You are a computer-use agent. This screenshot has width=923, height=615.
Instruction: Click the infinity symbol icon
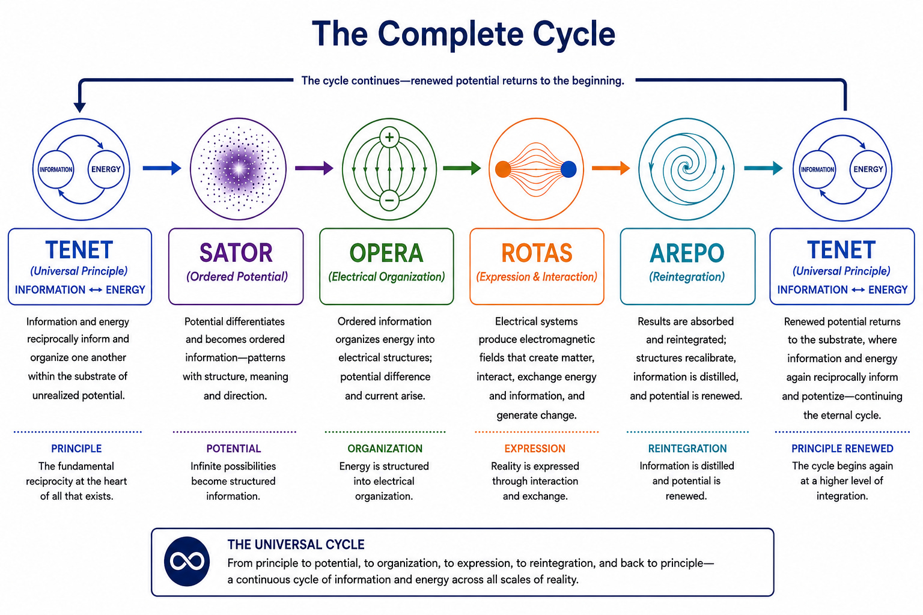coord(187,561)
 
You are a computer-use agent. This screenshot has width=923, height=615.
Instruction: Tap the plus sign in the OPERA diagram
coord(389,137)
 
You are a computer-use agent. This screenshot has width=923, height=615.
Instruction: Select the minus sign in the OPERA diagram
coord(389,201)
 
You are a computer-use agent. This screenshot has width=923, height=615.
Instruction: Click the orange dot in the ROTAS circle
coord(503,169)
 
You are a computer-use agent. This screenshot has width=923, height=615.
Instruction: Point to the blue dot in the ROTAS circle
coord(568,169)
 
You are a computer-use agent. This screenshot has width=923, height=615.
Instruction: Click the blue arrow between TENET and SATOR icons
coord(162,168)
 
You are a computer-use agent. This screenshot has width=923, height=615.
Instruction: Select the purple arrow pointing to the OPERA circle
coord(314,168)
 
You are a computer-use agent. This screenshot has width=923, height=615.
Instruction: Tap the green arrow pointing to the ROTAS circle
coord(462,168)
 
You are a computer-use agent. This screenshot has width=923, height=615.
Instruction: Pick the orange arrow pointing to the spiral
coord(611,168)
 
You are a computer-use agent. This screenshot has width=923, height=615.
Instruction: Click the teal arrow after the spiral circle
coord(763,168)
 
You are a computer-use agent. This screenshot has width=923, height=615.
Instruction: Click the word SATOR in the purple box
coord(236,253)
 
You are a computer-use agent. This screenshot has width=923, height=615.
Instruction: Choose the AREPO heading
coord(687,253)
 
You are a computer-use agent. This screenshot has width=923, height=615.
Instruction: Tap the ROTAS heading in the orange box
coord(537,253)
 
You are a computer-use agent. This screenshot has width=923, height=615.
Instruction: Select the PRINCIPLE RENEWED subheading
coord(842,449)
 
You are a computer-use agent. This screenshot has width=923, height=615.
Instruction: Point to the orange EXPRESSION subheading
coord(535,449)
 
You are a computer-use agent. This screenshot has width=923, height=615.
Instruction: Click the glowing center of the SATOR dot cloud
coord(239,169)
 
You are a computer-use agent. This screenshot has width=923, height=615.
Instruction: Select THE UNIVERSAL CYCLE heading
coord(296,545)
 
